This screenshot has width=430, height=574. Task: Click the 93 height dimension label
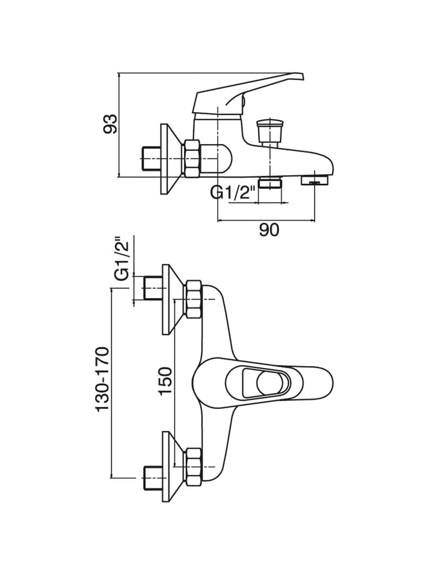pyautogui.click(x=110, y=124)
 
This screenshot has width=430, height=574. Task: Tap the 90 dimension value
pyautogui.click(x=269, y=230)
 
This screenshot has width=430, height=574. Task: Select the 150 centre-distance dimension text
pyautogui.click(x=165, y=385)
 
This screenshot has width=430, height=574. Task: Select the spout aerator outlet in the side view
pyautogui.click(x=314, y=180)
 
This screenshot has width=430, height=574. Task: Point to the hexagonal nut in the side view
pyautogui.click(x=193, y=159)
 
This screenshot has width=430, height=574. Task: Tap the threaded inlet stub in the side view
pyautogui.click(x=151, y=159)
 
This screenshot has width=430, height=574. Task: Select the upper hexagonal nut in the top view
pyautogui.click(x=193, y=299)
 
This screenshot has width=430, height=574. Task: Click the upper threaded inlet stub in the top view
pyautogui.click(x=153, y=287)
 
